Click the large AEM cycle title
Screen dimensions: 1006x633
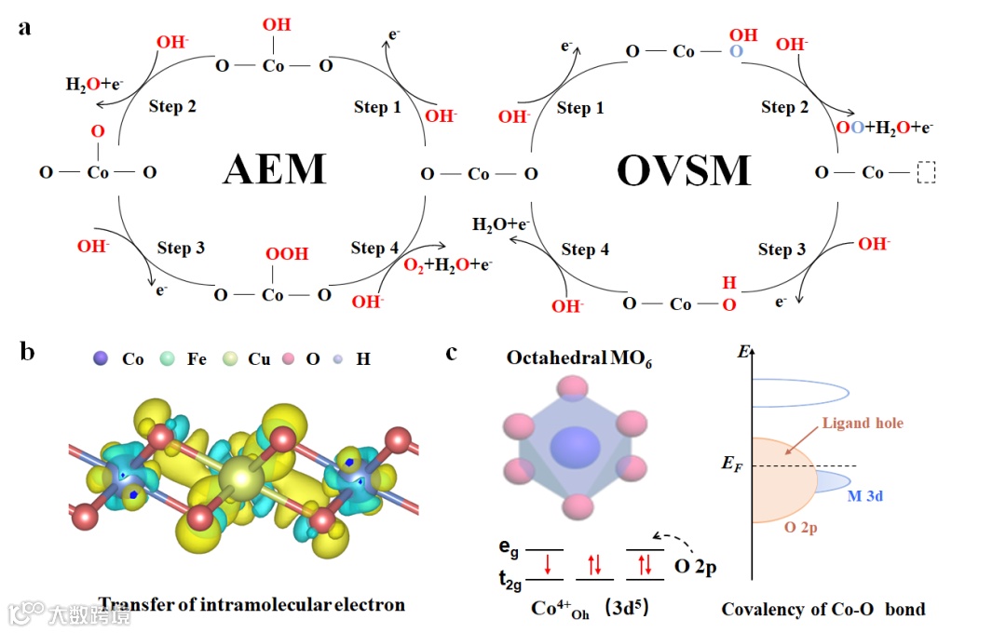point(275,170)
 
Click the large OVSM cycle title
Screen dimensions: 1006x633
point(684,171)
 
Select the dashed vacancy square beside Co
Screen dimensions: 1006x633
point(925,173)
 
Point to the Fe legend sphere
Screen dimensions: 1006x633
point(167,357)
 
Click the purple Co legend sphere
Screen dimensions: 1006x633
point(102,357)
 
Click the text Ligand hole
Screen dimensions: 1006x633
point(863,424)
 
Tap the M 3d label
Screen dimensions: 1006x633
point(865,496)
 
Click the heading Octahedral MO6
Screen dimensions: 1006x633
point(578,360)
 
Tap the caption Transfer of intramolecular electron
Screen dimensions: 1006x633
point(251,605)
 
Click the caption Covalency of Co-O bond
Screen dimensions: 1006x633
point(823,610)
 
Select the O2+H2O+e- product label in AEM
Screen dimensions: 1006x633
point(447,265)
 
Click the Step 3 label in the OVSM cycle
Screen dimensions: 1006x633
point(782,249)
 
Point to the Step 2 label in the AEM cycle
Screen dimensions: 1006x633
point(172,106)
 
